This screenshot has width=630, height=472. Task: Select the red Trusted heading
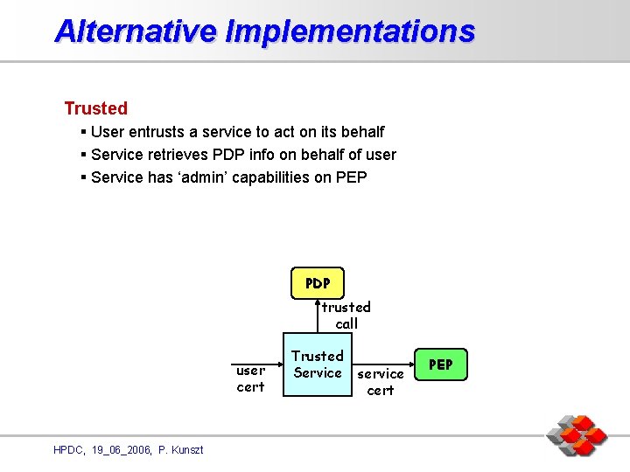(95, 108)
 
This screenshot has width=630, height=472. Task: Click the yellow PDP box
(318, 283)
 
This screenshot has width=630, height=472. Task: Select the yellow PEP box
(441, 364)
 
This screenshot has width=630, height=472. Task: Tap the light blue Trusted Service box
(317, 364)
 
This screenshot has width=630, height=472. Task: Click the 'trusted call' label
(346, 316)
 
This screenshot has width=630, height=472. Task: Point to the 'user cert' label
(250, 378)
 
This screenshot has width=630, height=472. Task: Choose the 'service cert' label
(381, 382)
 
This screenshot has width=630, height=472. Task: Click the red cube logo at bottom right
(577, 435)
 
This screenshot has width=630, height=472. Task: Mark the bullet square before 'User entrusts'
(82, 132)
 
